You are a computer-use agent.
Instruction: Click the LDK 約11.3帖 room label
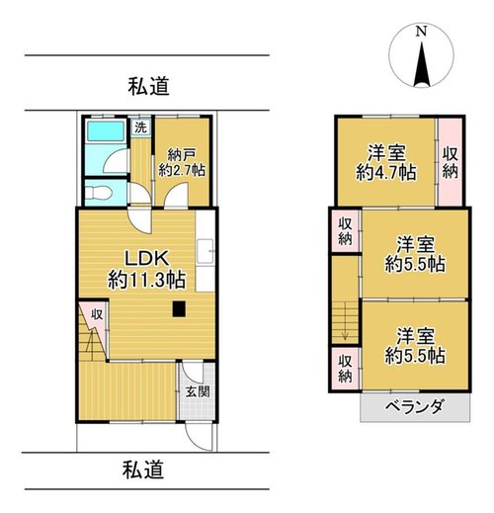point(146,269)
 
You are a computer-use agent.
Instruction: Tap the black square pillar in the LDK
point(179,309)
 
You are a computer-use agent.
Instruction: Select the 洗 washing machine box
point(140,128)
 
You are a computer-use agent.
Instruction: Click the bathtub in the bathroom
point(106,131)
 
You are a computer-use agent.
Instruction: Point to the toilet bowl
point(99,193)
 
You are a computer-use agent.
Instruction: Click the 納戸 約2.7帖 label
point(182,162)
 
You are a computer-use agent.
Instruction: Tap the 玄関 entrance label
point(198,391)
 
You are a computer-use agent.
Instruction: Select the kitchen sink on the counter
point(205,251)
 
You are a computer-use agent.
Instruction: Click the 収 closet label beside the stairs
point(97,314)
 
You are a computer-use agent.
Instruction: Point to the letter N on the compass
point(421,32)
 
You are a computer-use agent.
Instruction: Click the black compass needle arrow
point(422,63)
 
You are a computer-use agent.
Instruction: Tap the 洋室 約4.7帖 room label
point(386,162)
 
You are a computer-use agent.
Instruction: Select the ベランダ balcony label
point(414,407)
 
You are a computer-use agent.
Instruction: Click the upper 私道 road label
point(149,86)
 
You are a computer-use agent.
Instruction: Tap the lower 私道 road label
point(143,470)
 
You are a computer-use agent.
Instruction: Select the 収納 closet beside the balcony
point(346,369)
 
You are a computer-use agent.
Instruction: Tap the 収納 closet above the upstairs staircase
point(346,231)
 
